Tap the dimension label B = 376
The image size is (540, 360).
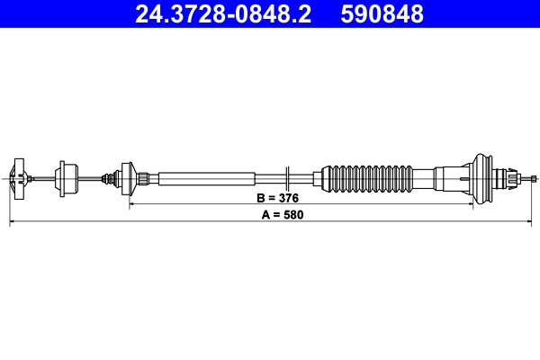pyautogui.click(x=277, y=196)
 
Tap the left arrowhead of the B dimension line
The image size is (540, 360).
pyautogui.click(x=133, y=204)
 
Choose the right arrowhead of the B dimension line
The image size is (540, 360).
pyautogui.click(x=469, y=204)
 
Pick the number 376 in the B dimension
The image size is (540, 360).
pyautogui.click(x=287, y=196)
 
